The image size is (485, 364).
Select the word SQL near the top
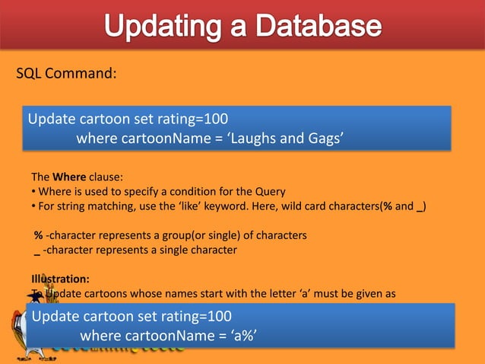(30, 74)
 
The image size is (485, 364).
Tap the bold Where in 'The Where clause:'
(68, 178)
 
